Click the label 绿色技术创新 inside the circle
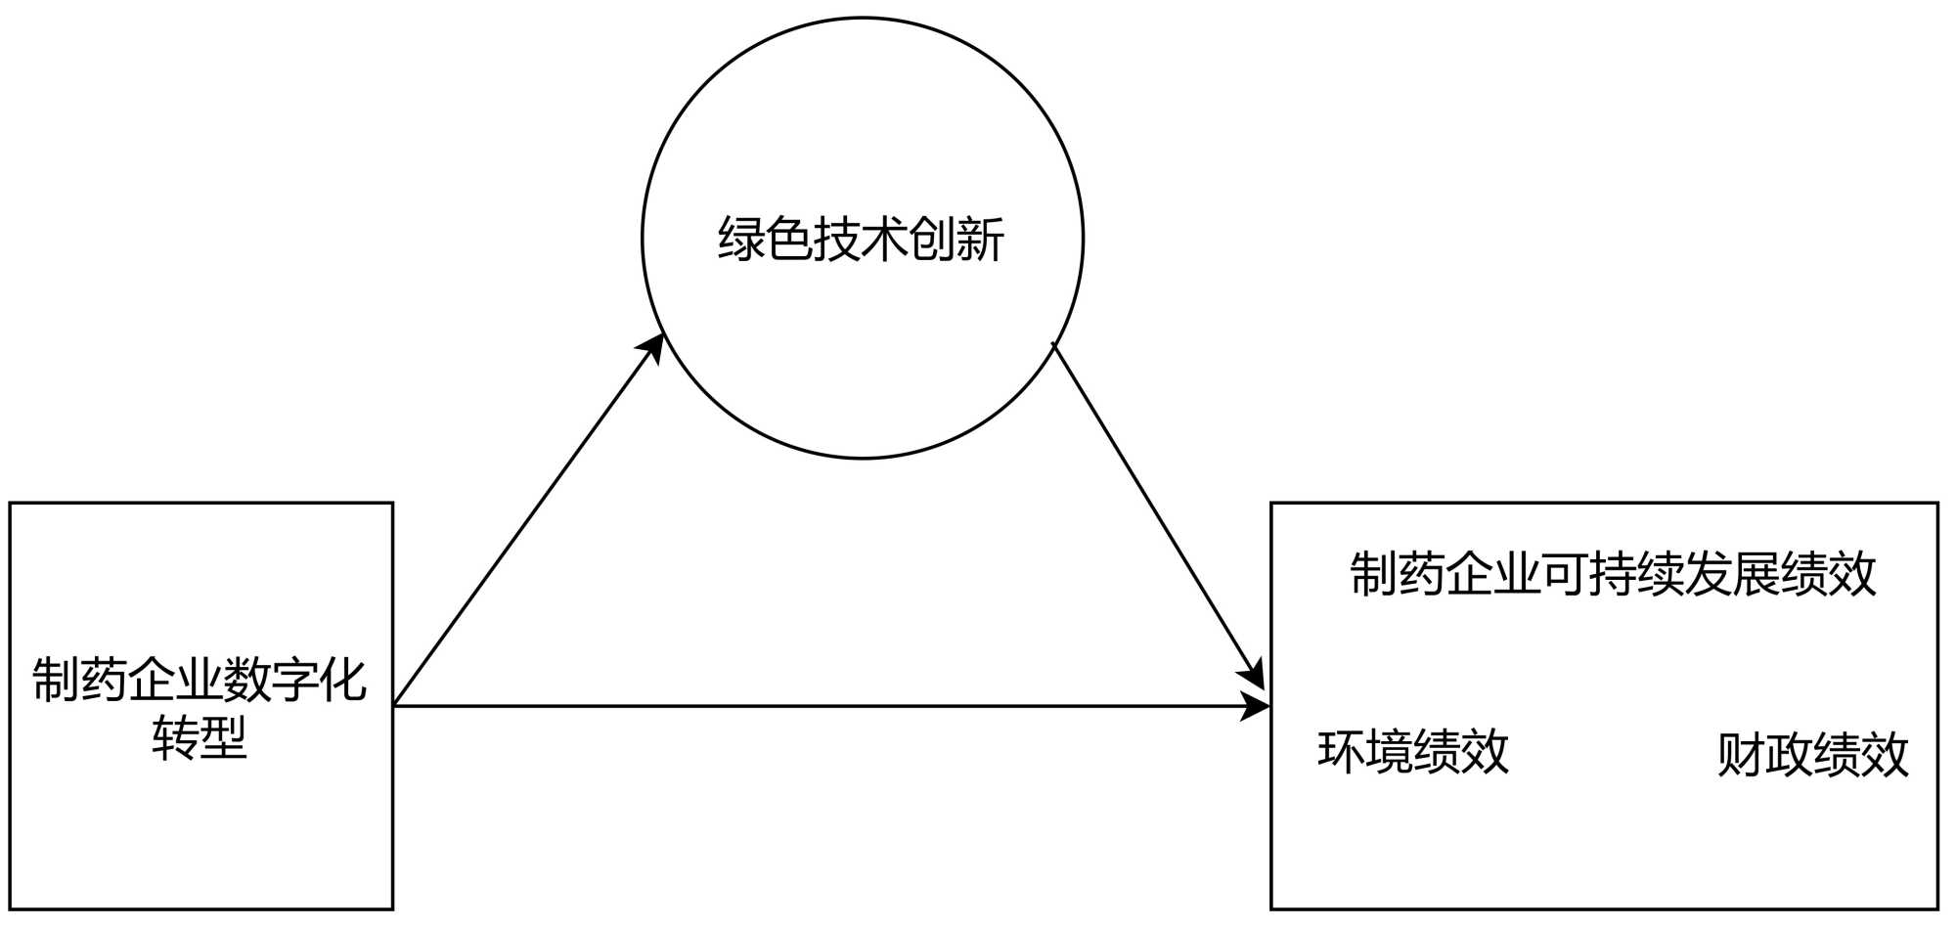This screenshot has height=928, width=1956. click(861, 240)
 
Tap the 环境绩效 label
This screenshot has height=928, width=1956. click(1413, 752)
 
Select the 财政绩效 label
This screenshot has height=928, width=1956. click(1812, 755)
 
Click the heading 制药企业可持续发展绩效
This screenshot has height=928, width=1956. click(1613, 574)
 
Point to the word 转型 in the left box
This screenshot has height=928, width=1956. click(200, 737)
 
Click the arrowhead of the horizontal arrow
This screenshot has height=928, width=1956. click(1255, 705)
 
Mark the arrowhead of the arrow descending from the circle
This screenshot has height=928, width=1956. click(1253, 674)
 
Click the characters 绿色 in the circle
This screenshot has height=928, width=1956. click(766, 240)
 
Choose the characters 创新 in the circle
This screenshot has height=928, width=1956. click(956, 240)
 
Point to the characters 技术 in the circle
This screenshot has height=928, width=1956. click(861, 240)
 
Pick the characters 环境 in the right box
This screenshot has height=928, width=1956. click(1365, 752)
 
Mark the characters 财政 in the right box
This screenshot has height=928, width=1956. click(1764, 755)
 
